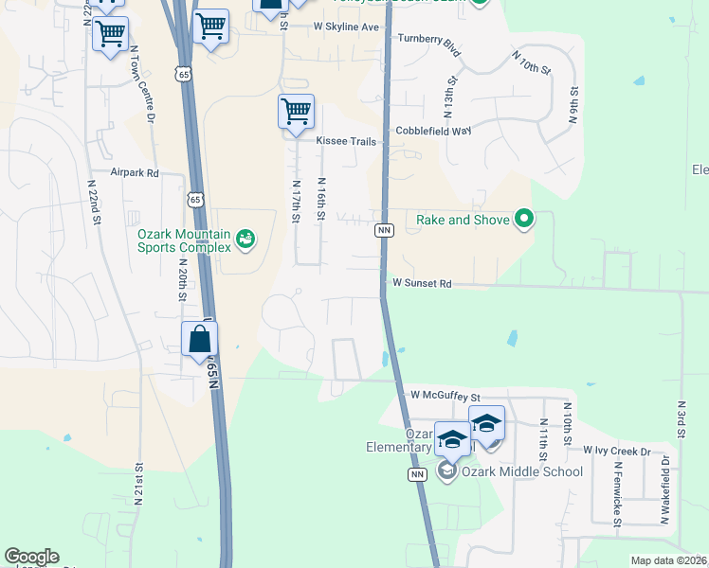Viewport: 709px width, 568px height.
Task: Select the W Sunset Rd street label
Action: (422, 283)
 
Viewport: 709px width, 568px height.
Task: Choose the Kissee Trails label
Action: (346, 141)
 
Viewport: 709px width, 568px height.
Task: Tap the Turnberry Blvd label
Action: (428, 39)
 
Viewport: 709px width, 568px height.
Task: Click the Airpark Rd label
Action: (135, 173)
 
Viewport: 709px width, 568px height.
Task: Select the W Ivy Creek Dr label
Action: (616, 451)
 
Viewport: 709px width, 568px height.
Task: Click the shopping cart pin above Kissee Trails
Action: (296, 113)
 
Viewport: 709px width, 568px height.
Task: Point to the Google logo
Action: (31, 557)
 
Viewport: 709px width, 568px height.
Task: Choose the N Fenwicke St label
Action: (616, 493)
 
